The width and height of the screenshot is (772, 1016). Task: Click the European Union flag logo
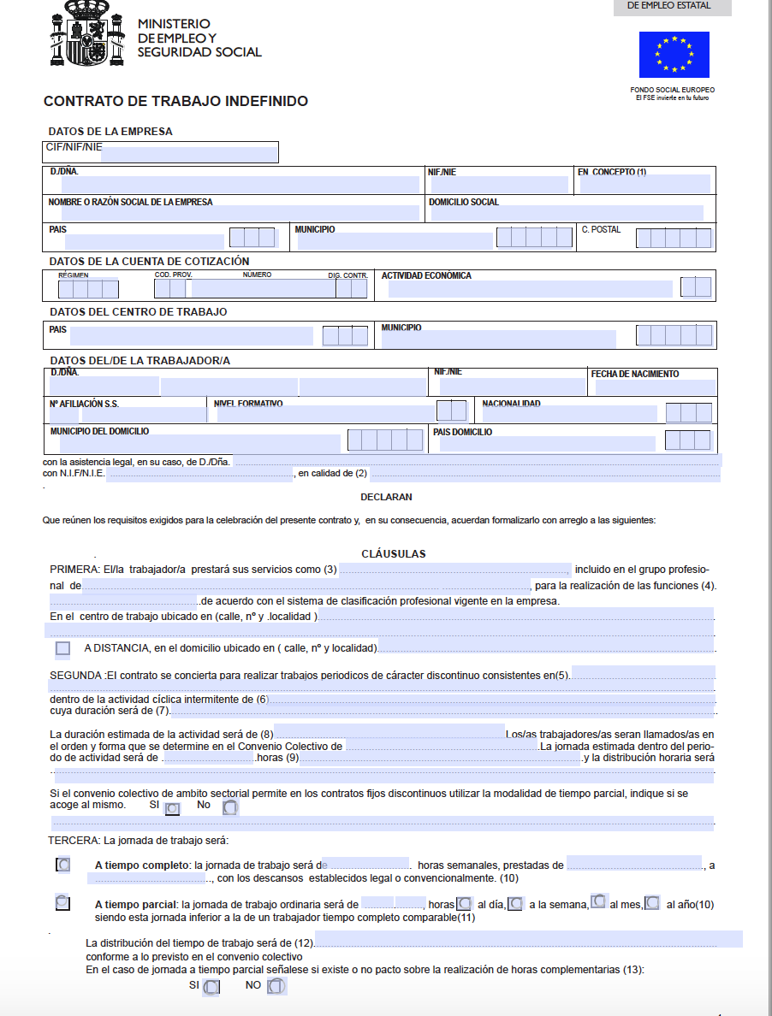(674, 54)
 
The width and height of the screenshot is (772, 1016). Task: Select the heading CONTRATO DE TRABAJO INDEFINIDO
(175, 102)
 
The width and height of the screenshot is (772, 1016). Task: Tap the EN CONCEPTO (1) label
(612, 172)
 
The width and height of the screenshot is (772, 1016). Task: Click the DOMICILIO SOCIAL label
(463, 203)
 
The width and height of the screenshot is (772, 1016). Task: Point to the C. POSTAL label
(601, 229)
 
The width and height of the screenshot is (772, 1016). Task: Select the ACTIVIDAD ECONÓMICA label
(426, 275)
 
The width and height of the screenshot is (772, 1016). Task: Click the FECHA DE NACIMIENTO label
(634, 374)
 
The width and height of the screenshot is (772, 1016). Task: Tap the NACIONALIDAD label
(511, 403)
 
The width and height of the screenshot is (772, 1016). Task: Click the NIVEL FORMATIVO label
(248, 403)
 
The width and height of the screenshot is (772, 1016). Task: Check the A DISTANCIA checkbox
(62, 648)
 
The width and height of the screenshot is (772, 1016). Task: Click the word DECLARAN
(386, 496)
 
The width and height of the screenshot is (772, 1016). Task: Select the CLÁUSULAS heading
(394, 554)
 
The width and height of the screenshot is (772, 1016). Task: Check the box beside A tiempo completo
(62, 865)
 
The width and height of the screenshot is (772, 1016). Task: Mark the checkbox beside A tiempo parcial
(62, 902)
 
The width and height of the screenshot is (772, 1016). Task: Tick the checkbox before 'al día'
(464, 903)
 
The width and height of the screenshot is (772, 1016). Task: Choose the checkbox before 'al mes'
(599, 901)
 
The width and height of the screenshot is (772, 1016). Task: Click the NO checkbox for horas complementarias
(276, 986)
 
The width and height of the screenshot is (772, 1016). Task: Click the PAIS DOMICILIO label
(463, 432)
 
